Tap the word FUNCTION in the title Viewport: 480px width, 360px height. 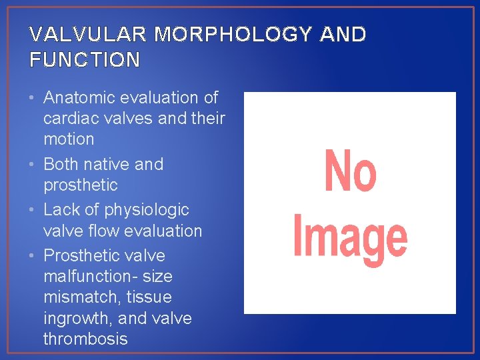click(x=85, y=60)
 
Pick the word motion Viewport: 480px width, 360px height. click(x=69, y=139)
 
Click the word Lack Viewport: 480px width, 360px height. click(x=61, y=209)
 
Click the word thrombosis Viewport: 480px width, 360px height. click(x=85, y=339)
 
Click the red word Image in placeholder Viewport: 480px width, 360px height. click(x=350, y=239)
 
